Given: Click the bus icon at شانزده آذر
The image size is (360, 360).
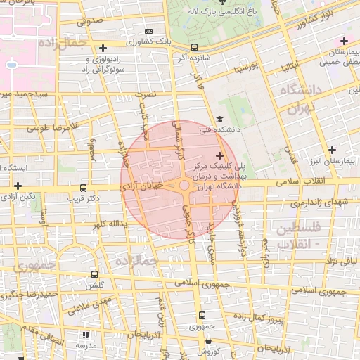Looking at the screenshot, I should point(194,47).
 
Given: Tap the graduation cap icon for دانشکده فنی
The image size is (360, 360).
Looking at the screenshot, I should point(219,120).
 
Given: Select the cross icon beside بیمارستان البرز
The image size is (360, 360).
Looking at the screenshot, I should point(333,150).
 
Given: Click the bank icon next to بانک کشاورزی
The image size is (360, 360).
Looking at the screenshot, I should point(148,31).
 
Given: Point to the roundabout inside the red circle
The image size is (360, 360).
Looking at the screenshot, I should point(184,186).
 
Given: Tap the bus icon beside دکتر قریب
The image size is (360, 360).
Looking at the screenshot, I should point(84,188).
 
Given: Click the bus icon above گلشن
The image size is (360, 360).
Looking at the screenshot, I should point(94,274).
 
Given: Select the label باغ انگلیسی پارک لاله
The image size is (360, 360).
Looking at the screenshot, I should point(222,11).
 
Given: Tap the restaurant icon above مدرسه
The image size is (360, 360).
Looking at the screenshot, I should point(86,335).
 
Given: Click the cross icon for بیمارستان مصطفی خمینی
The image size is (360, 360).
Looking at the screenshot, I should point(344,41).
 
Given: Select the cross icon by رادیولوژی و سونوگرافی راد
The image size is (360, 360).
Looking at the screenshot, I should point(103,48).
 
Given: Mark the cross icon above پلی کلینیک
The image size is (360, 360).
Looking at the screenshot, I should point(219,155).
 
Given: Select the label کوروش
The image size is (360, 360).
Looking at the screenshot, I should point(208,351).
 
